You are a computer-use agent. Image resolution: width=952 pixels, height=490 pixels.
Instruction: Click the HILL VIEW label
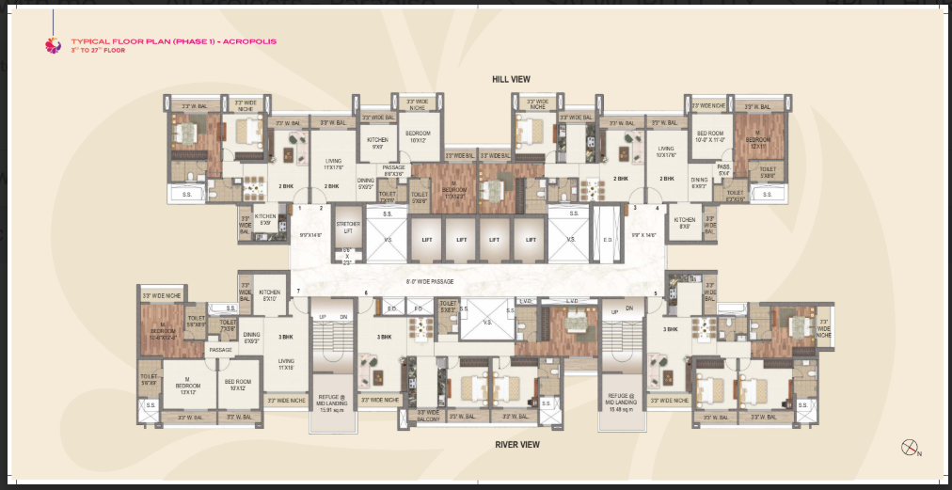tap(512, 80)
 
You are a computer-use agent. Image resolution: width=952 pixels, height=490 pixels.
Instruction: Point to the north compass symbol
tap(910, 448)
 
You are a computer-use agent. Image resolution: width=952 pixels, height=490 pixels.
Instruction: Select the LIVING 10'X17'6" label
tap(666, 151)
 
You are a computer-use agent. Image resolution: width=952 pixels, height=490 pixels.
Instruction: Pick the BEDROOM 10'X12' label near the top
tap(418, 136)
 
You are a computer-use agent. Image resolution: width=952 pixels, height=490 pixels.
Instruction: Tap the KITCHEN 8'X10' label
tap(270, 294)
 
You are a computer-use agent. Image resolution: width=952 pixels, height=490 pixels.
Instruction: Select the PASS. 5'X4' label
tap(723, 169)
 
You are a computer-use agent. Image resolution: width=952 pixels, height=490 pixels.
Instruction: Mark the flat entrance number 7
tap(296, 292)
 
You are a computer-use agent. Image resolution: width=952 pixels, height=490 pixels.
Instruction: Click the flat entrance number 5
tap(655, 293)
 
